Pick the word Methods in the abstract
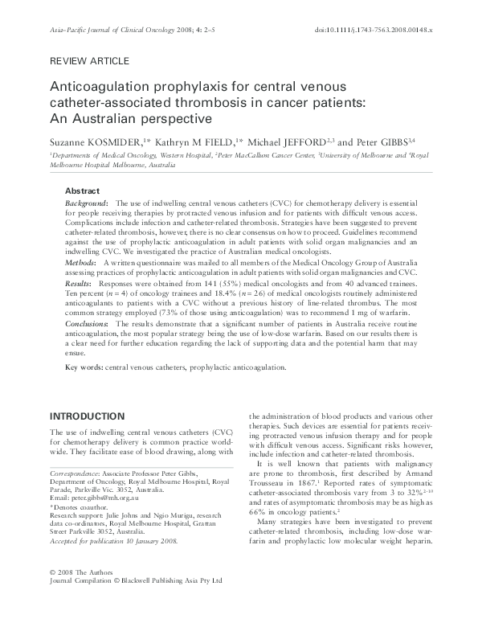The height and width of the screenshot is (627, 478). [81, 262]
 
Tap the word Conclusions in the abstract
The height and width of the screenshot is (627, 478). [88, 323]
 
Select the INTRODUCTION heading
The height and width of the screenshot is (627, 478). [88, 416]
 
